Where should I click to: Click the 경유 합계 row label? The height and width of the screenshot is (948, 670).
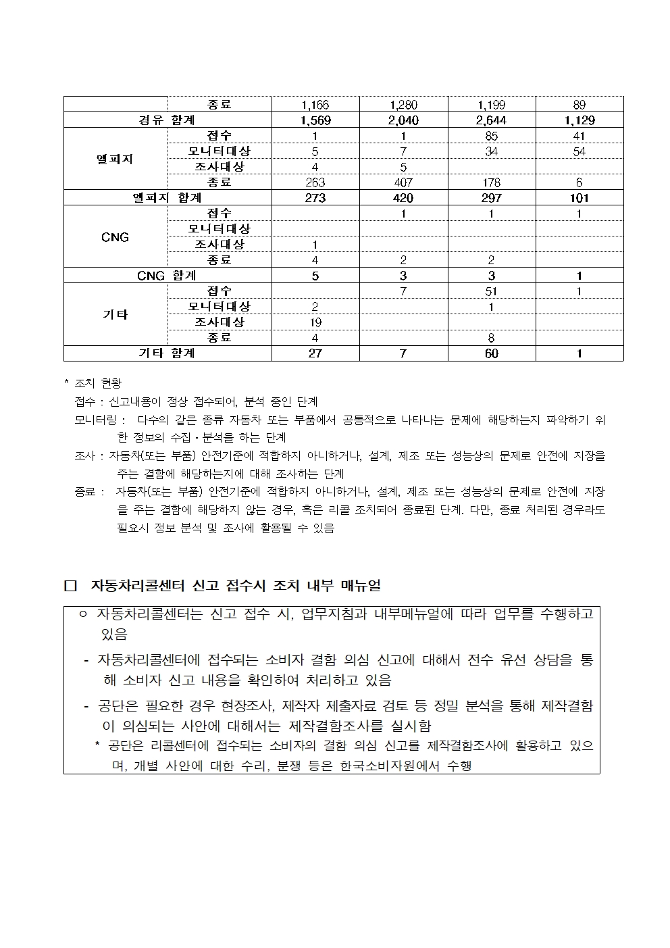(x=167, y=120)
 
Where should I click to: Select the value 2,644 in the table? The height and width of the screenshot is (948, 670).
(x=491, y=120)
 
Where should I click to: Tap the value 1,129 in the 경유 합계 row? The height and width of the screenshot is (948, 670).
(x=579, y=120)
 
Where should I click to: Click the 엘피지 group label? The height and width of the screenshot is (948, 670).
(x=115, y=159)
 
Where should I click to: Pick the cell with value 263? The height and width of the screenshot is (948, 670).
(x=315, y=182)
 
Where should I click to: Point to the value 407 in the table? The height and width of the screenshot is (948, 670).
(x=403, y=182)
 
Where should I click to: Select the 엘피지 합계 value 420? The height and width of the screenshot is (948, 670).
(x=403, y=198)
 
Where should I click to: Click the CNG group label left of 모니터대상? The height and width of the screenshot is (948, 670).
(x=115, y=237)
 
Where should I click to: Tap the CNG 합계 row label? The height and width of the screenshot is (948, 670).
(x=167, y=276)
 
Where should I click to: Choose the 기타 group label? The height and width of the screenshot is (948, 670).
(x=115, y=315)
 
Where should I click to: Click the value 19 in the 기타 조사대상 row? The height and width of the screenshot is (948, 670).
(x=315, y=322)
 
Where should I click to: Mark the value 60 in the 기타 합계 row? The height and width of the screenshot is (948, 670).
(x=491, y=353)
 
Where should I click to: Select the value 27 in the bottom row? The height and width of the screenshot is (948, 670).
(x=315, y=353)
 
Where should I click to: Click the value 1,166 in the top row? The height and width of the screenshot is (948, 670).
(x=315, y=105)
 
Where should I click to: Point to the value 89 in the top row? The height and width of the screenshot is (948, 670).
(x=579, y=105)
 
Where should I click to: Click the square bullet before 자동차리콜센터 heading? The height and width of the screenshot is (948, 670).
(x=70, y=585)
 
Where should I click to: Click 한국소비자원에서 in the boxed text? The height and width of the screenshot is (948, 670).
(x=391, y=766)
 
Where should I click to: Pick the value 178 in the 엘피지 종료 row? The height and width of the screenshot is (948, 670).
(x=491, y=182)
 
